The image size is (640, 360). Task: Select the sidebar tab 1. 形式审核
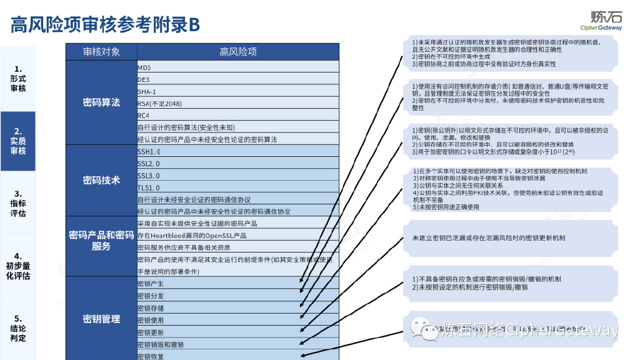tap(18, 79)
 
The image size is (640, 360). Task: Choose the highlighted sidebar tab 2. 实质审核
tap(18, 141)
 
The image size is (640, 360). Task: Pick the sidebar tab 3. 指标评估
tap(18, 203)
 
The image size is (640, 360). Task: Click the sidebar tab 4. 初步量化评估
tap(18, 266)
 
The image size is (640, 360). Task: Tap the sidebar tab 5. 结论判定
tap(18, 328)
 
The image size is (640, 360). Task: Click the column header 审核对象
tap(101, 51)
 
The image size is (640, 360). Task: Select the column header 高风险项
tap(237, 51)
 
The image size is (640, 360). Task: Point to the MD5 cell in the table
tap(144, 67)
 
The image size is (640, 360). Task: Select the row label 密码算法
tap(101, 102)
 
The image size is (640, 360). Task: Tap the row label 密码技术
tap(101, 181)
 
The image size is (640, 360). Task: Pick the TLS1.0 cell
tap(149, 187)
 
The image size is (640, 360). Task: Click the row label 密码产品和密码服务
tap(101, 241)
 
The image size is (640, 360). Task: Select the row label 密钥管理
tap(101, 319)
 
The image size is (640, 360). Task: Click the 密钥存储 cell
tap(151, 308)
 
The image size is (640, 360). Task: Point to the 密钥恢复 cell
tap(151, 356)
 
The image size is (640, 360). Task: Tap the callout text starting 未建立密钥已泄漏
tap(489, 239)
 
